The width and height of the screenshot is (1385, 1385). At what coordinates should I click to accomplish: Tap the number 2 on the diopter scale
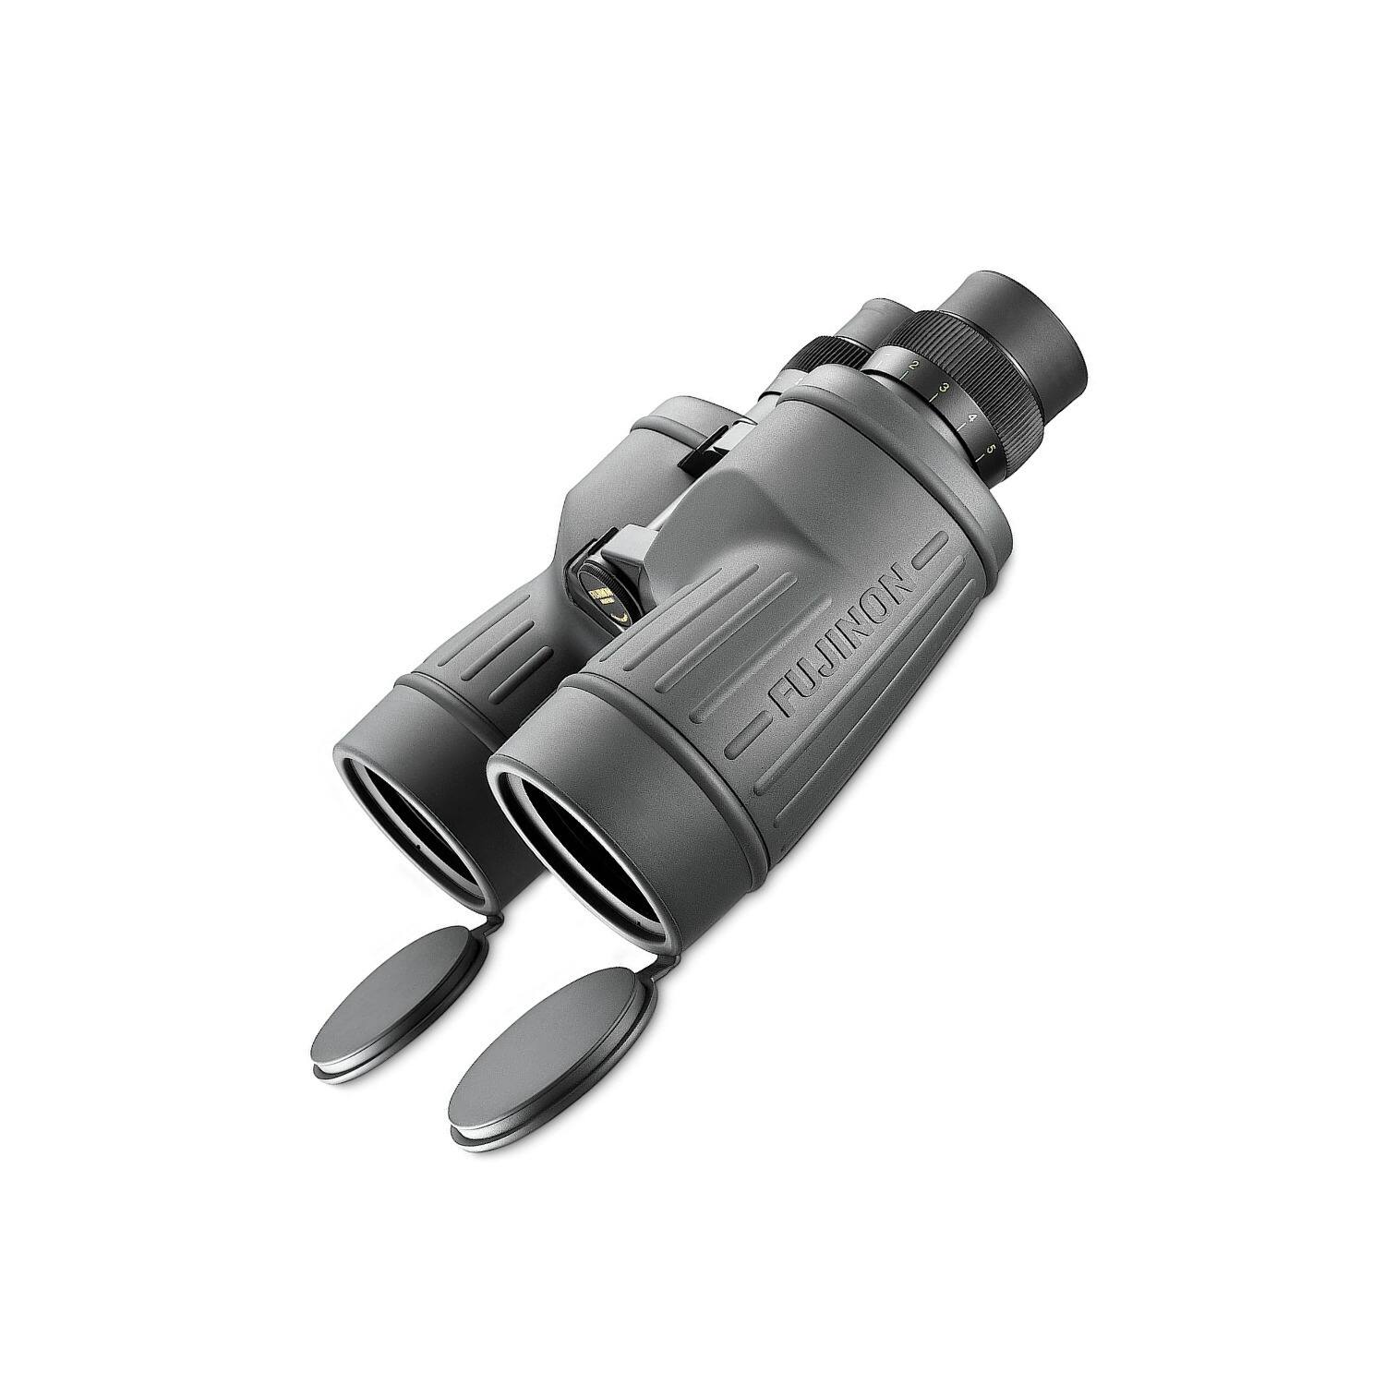coord(913,367)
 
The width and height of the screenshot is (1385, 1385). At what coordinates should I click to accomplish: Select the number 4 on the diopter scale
coord(971,417)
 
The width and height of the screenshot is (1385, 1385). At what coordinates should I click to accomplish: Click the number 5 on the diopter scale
coord(991,450)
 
